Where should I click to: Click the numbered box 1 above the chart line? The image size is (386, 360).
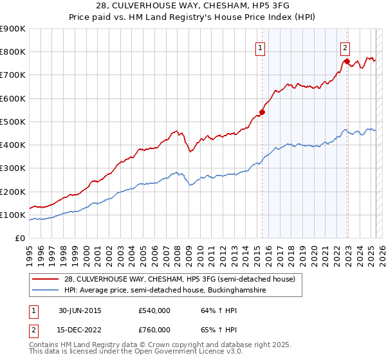[260, 47]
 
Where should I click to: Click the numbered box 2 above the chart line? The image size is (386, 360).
[345, 47]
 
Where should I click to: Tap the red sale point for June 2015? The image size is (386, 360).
[262, 112]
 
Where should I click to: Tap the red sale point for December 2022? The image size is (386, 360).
[347, 62]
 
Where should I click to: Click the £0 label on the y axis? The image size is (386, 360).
[20, 239]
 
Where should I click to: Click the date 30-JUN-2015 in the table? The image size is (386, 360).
[79, 310]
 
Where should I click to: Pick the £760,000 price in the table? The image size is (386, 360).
[154, 330]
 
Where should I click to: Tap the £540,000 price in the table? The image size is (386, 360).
[154, 310]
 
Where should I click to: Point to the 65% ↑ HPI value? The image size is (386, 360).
[210, 330]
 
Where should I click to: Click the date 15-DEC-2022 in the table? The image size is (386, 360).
[79, 330]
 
